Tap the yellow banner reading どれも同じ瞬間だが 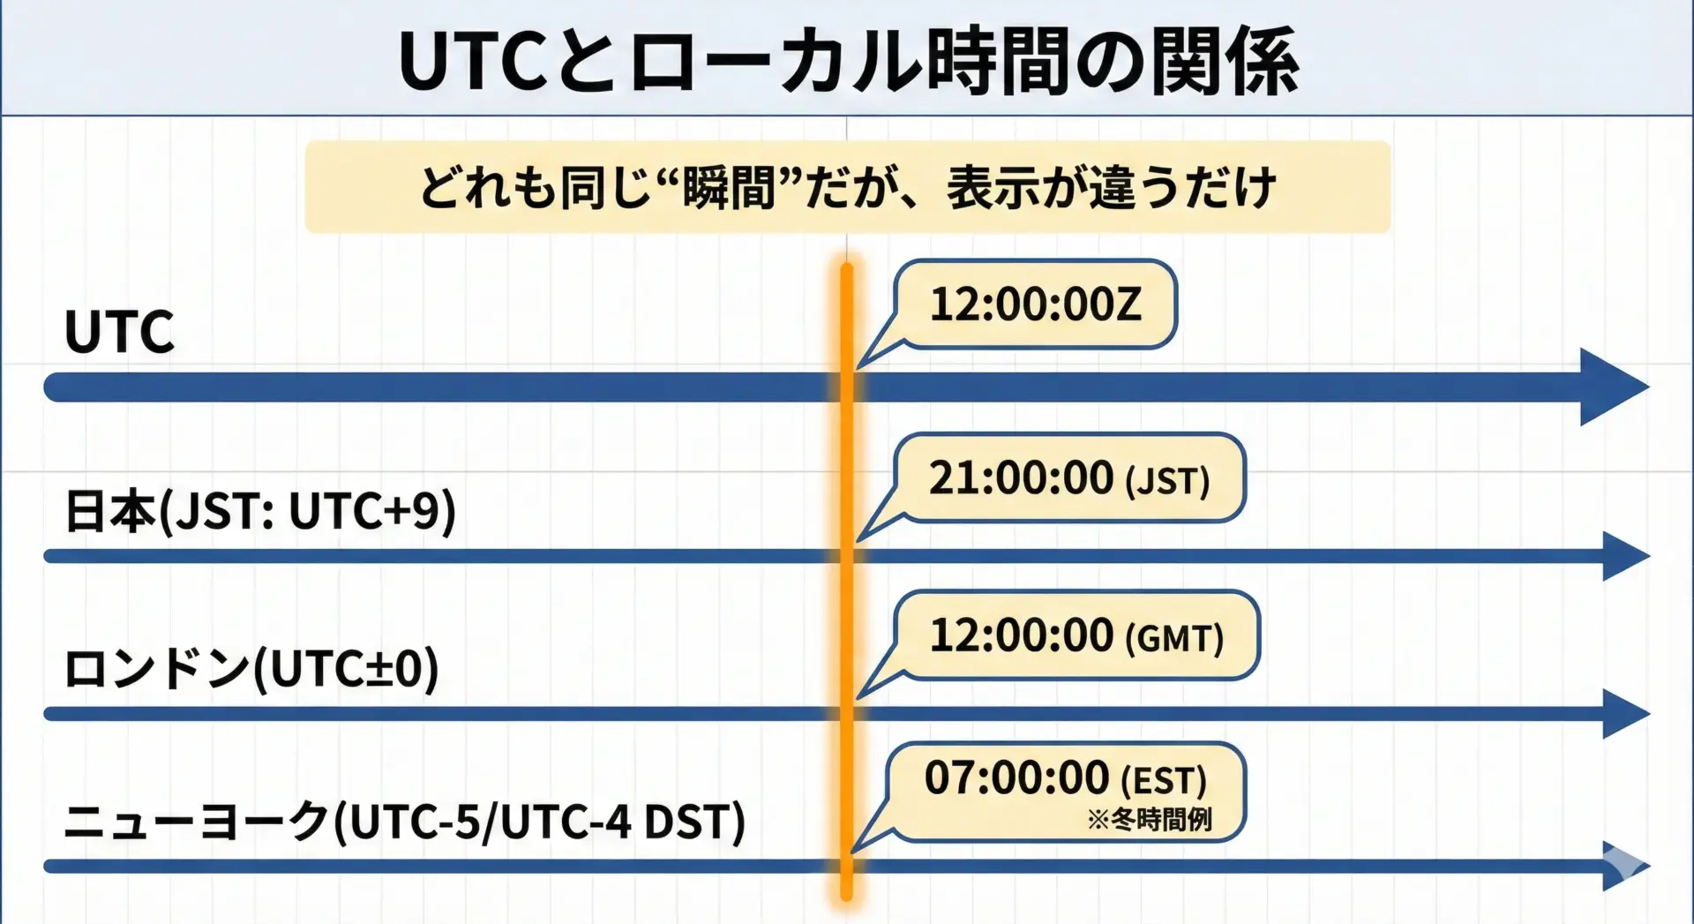click(848, 187)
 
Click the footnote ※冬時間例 click(1150, 820)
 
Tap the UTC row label click(119, 332)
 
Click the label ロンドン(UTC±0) click(251, 668)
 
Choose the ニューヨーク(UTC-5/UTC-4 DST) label click(405, 821)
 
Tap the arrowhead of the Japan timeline click(1626, 556)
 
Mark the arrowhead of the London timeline click(1626, 714)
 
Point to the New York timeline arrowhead click(1626, 867)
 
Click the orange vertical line click(847, 582)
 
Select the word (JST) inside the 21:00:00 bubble click(1167, 482)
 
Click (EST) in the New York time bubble click(1164, 781)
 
